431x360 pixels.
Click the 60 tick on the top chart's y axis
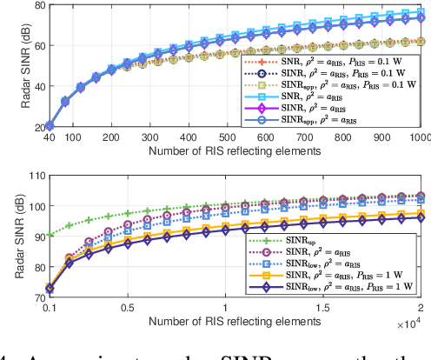[x=25, y=45]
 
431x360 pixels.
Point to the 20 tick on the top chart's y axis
[x=25, y=127]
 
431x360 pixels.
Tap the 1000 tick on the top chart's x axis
[x=419, y=137]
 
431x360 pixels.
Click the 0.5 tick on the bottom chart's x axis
[x=128, y=306]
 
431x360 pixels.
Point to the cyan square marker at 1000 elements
[x=421, y=12]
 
